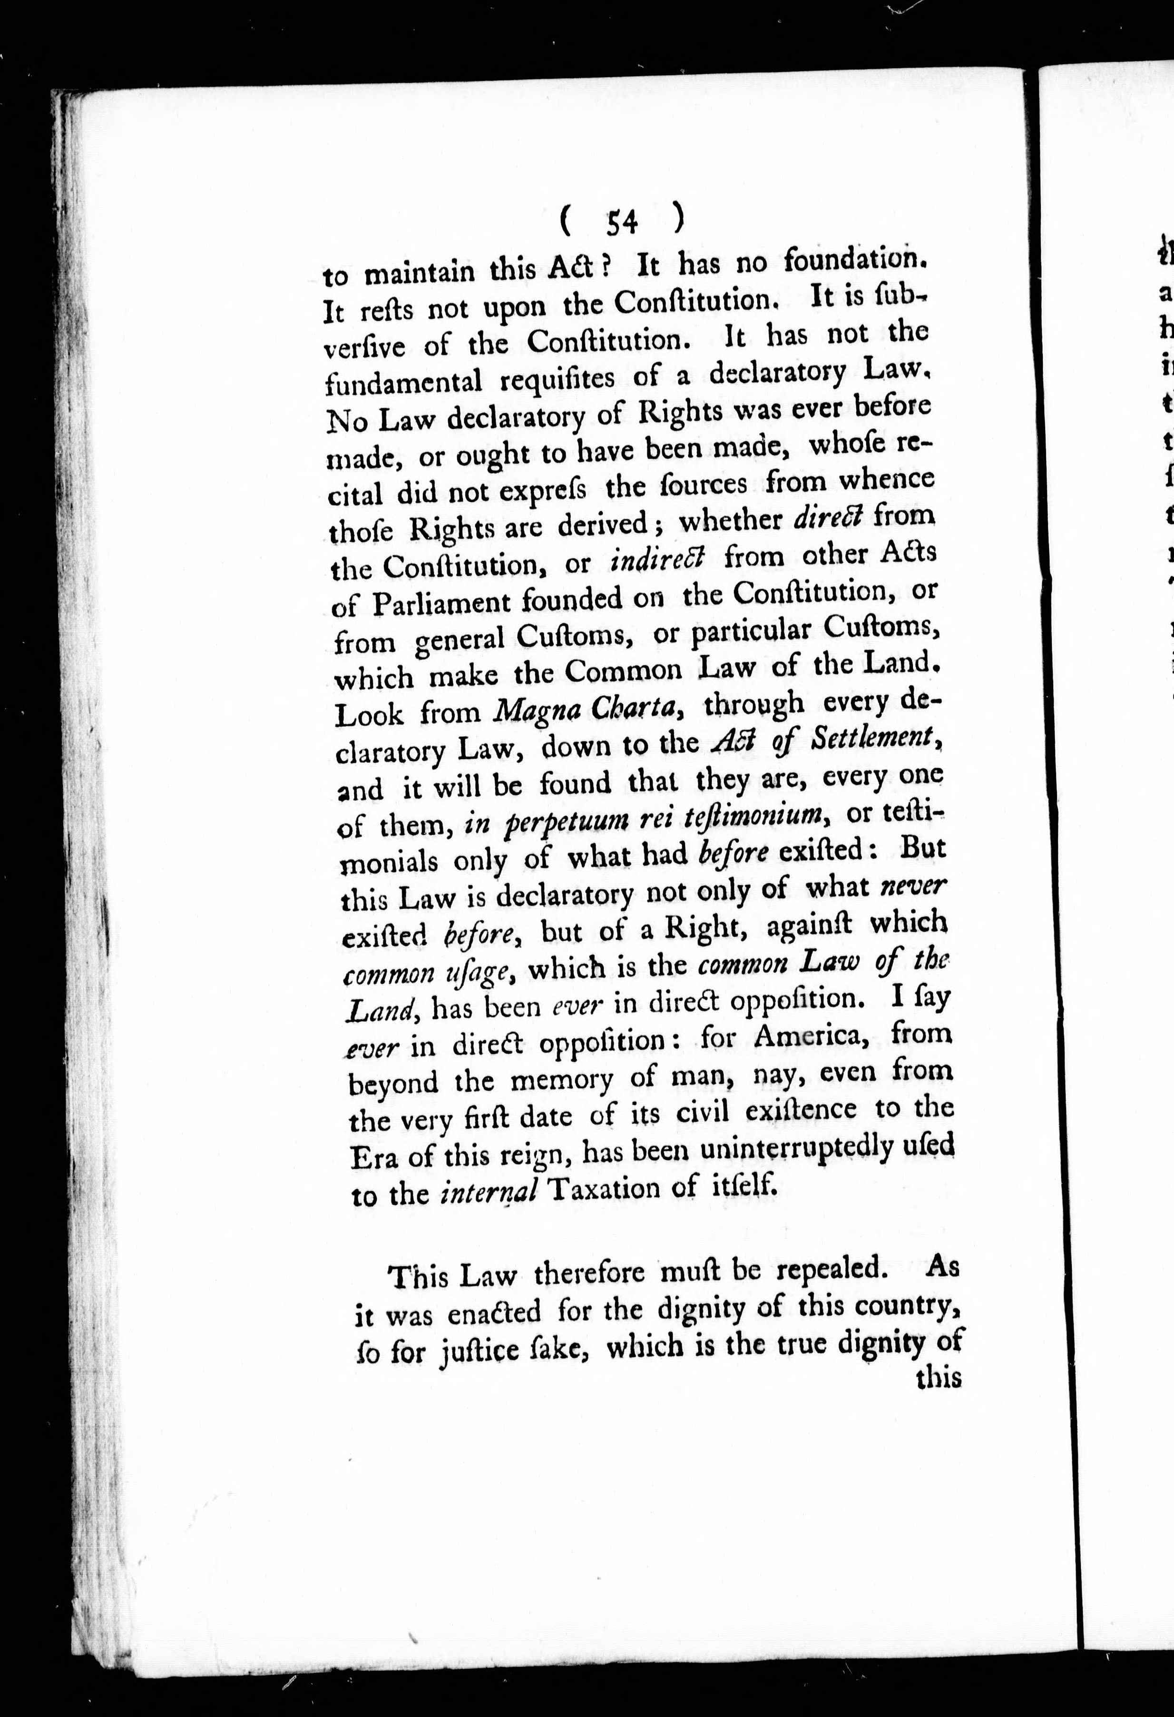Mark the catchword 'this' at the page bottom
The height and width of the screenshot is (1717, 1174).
tap(937, 1380)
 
